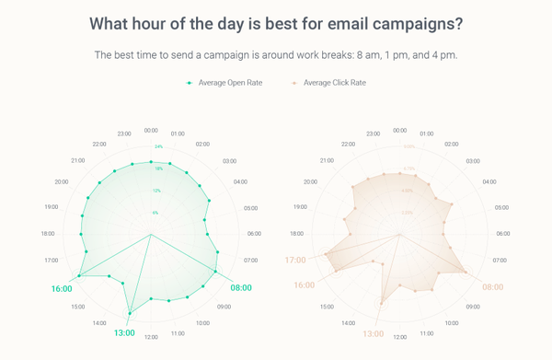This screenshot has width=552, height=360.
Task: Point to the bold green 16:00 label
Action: point(62,288)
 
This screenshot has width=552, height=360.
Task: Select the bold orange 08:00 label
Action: point(493,286)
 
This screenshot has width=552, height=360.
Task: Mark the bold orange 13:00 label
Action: point(373,333)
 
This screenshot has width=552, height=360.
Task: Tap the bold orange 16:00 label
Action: point(303,285)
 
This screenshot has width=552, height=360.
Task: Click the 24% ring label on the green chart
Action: point(158,147)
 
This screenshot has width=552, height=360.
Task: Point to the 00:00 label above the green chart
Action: point(151,131)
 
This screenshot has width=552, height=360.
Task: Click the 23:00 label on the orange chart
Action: point(373,134)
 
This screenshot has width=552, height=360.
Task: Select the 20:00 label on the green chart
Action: point(62,181)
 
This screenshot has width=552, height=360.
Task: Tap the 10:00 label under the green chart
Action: point(201,323)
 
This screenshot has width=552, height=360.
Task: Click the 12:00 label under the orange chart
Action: point(399,337)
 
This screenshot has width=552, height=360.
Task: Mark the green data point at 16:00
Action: point(80,275)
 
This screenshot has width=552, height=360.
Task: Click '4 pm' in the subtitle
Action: point(444,54)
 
